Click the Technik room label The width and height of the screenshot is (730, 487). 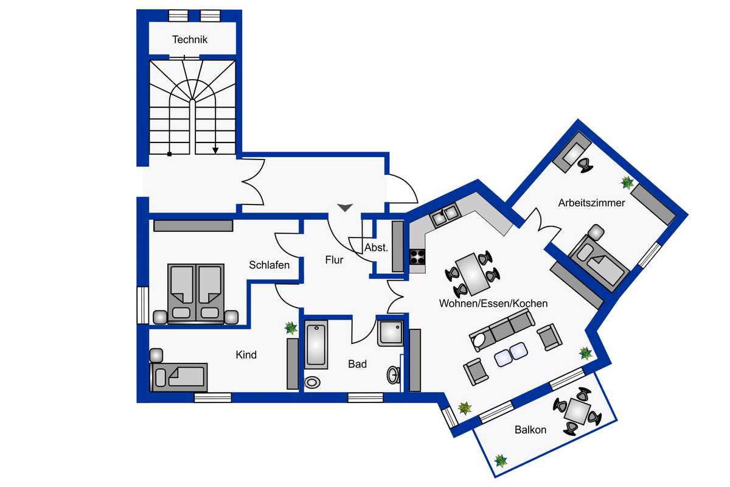pyautogui.click(x=190, y=40)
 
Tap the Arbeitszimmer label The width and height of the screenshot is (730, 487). pyautogui.click(x=591, y=203)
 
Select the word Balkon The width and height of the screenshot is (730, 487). pyautogui.click(x=530, y=430)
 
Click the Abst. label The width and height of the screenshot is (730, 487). pyautogui.click(x=376, y=248)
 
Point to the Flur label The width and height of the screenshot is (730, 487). pyautogui.click(x=334, y=260)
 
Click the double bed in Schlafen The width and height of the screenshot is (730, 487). pyautogui.click(x=195, y=293)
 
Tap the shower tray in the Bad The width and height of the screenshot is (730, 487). pyautogui.click(x=390, y=332)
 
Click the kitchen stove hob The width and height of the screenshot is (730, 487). pyautogui.click(x=417, y=257)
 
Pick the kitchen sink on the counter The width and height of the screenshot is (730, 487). pyautogui.click(x=444, y=214)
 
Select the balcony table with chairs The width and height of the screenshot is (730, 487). pyautogui.click(x=576, y=412)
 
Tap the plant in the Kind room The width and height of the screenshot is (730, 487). pyautogui.click(x=291, y=328)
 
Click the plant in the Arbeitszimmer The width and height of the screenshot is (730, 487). pyautogui.click(x=627, y=182)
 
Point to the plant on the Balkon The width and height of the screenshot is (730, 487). pyautogui.click(x=501, y=460)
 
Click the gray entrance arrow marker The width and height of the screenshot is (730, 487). pyautogui.click(x=345, y=208)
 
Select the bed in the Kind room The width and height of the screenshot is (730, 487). pyautogui.click(x=179, y=377)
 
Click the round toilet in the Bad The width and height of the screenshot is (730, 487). pyautogui.click(x=313, y=382)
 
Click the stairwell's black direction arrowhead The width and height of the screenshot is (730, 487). pyautogui.click(x=215, y=150)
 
